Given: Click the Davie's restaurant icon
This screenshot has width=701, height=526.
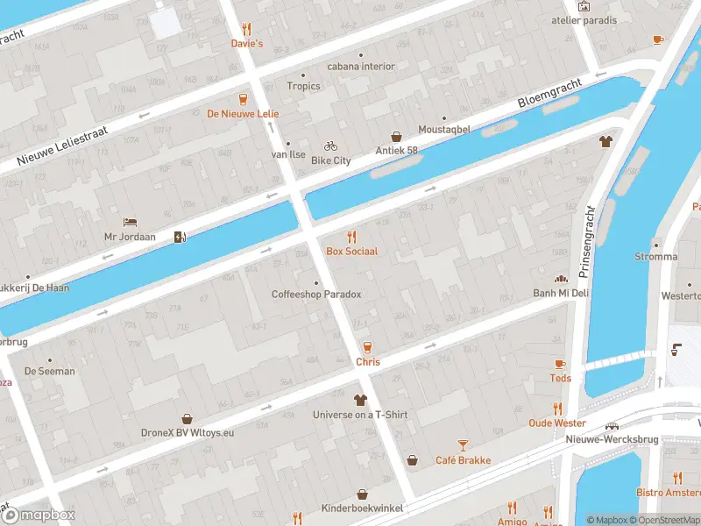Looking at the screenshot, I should (247, 28).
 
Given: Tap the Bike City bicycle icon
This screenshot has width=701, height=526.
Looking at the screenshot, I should (330, 146).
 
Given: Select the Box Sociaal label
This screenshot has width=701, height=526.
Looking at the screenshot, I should (352, 252).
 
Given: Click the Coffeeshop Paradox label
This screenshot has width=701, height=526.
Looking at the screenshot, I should (316, 295).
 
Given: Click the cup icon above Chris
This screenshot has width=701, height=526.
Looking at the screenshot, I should (367, 346).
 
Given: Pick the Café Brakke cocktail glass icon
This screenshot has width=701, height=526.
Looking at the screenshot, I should (464, 445).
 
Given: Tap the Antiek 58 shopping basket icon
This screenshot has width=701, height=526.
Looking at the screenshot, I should (396, 137).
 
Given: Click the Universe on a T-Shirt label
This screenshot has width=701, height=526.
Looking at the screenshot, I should (360, 415).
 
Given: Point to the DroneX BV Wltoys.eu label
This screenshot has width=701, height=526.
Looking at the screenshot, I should (186, 432).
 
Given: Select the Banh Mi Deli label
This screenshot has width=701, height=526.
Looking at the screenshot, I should (561, 293).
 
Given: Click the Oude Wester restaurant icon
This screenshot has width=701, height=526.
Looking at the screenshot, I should (557, 409).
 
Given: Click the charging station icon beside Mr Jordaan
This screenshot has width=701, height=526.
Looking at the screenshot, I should (180, 237).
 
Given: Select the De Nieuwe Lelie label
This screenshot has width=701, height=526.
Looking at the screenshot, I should (243, 113).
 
